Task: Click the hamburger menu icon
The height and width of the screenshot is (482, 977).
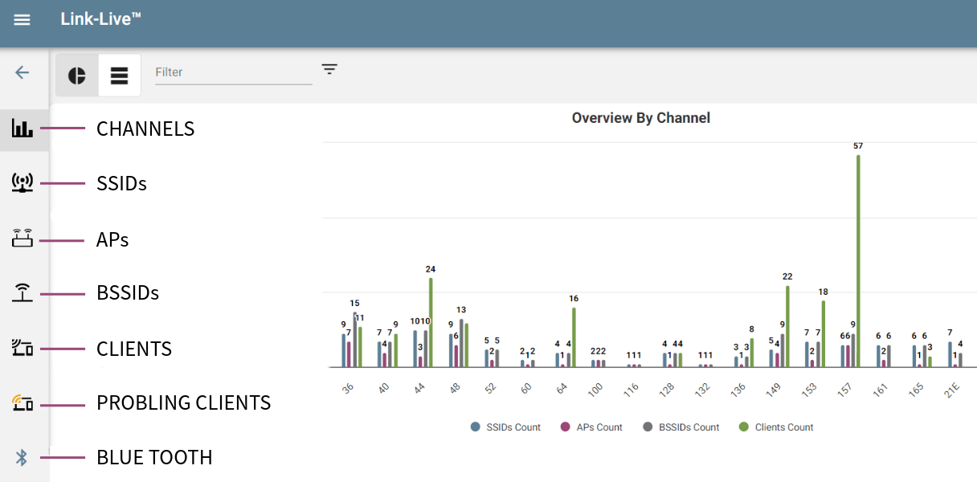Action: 22,19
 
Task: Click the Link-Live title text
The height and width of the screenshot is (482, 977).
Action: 100,18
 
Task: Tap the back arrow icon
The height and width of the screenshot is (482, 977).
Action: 22,72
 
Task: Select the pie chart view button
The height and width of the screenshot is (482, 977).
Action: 77,76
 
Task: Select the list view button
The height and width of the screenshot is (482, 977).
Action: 120,76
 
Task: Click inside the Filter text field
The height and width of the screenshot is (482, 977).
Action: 233,72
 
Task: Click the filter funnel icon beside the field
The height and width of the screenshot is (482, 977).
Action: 329,69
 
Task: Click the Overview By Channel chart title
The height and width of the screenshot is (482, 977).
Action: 640,118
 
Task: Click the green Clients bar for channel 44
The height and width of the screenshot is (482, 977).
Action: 431,321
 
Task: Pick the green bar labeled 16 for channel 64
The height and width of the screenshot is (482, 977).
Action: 574,337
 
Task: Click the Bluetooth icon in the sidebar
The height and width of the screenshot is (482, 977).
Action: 22,458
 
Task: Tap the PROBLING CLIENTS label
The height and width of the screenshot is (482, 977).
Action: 183,402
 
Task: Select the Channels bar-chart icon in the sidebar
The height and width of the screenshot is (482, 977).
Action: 22,129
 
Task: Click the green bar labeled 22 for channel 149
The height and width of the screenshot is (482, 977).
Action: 787,325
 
